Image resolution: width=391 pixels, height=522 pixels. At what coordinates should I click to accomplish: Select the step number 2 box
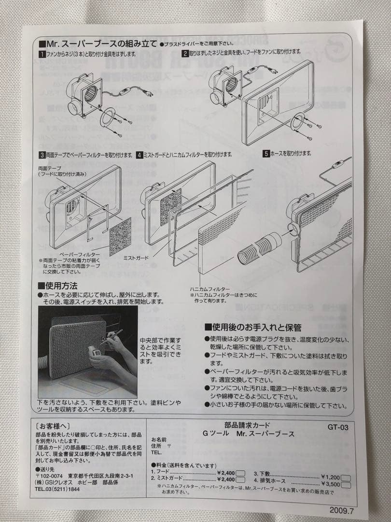click(x=185, y=52)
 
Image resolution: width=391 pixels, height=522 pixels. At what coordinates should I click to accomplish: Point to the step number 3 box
click(x=42, y=155)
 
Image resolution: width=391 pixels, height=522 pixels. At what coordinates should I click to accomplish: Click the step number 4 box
click(x=139, y=155)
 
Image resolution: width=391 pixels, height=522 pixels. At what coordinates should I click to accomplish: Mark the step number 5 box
click(x=266, y=153)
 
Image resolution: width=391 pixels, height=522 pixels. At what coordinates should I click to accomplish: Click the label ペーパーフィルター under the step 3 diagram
click(x=80, y=254)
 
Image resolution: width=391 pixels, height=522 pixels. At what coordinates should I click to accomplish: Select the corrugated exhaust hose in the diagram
click(x=259, y=247)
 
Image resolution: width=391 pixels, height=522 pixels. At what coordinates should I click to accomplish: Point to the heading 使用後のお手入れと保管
click(x=253, y=328)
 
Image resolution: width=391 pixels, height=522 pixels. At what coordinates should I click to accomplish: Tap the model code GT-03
click(x=337, y=427)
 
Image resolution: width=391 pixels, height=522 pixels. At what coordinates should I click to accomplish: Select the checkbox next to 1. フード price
click(x=241, y=473)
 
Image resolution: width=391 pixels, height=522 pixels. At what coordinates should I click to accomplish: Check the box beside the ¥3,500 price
click(x=347, y=484)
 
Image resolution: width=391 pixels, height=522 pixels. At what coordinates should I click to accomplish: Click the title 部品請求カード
click(x=248, y=425)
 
